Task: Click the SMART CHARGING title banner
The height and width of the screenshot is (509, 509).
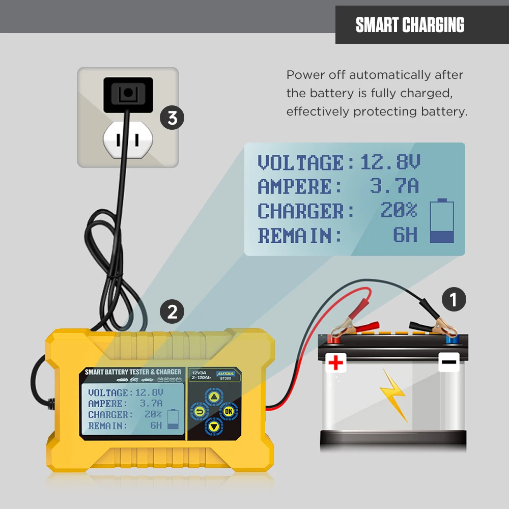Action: point(410,24)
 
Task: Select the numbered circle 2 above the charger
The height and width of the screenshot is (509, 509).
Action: point(173,312)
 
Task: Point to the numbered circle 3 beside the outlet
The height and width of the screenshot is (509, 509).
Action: point(173,118)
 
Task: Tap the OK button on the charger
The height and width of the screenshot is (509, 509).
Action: point(228,411)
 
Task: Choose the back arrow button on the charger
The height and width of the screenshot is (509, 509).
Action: point(200,411)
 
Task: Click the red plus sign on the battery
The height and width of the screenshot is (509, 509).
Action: point(336,362)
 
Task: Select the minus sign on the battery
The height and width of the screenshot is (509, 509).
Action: point(449,362)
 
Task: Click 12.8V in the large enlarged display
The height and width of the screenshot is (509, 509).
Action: point(390,163)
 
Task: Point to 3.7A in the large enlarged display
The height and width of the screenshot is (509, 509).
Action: point(394,187)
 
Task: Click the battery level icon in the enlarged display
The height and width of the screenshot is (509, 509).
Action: point(442,221)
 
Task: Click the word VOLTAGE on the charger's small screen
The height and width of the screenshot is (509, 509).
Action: point(108,392)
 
